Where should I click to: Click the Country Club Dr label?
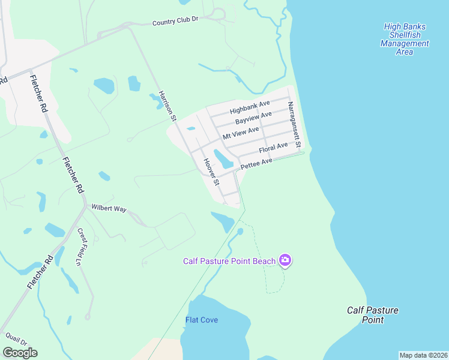coord(175,22)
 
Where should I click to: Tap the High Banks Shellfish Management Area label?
coord(405,39)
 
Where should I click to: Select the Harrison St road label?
coord(166,106)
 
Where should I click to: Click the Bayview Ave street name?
coord(253,118)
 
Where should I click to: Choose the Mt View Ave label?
coord(241,133)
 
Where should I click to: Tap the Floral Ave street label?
coord(273,148)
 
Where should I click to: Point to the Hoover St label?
coord(212,172)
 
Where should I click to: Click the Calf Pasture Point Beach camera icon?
coord(285,260)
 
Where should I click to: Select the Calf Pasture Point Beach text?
coord(229,260)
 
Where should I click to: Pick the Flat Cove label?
coord(202,320)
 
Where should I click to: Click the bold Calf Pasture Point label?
coord(372,315)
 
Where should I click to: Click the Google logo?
coord(20,353)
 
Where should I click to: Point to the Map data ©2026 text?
coord(423,355)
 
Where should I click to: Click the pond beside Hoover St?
coord(223,159)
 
